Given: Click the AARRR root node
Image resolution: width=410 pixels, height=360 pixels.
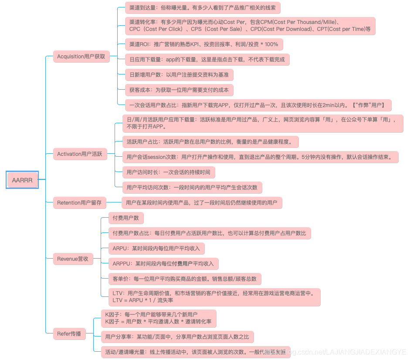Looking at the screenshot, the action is [x=22, y=180].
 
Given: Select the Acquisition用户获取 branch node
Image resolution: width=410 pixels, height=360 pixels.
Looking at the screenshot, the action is [x=81, y=56].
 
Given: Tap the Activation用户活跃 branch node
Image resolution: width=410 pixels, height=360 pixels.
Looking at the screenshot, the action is [x=80, y=154].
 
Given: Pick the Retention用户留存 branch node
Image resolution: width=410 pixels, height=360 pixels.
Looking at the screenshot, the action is [x=79, y=202].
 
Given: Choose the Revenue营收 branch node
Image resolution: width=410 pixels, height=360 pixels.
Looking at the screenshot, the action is [x=73, y=259].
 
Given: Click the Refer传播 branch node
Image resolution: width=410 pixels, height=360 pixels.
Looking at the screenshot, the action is [x=69, y=334].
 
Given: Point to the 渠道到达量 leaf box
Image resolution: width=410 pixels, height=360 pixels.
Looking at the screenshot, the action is [x=202, y=7].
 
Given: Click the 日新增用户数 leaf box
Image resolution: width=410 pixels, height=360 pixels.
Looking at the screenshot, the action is [x=179, y=74].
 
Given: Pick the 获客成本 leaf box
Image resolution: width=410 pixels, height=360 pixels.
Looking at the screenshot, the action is [x=179, y=90].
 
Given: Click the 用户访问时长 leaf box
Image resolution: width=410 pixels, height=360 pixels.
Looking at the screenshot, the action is [x=168, y=172].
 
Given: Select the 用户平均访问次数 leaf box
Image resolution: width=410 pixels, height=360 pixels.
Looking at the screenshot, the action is [x=192, y=188].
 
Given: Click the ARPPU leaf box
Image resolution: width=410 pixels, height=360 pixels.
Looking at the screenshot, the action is [x=163, y=263].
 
